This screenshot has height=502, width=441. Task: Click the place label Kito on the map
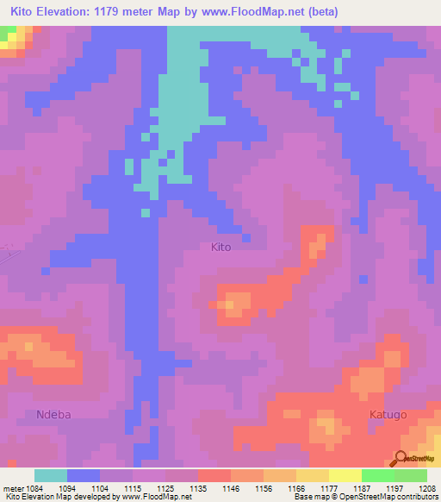coord(221,247)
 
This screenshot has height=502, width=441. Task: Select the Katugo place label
coord(388,415)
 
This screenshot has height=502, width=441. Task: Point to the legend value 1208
coord(427,488)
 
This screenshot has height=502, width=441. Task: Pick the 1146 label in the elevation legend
coord(231,488)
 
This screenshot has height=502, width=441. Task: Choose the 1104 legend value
coord(100,488)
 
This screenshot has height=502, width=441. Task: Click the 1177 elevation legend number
coord(329,488)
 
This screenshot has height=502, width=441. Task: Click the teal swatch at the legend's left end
coord(51,475)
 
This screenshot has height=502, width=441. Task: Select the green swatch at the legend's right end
coord(410,475)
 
